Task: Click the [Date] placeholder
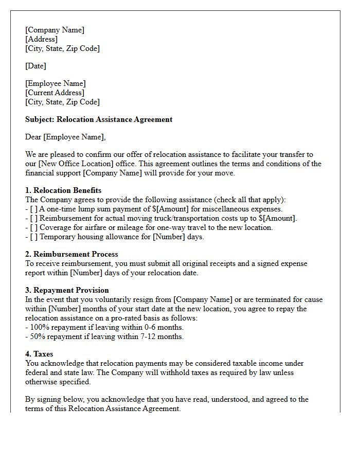(35, 66)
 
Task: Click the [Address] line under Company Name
(41, 39)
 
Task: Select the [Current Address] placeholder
(55, 93)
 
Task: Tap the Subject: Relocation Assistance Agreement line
(99, 119)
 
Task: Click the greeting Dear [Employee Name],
(65, 137)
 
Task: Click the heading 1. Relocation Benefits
(63, 190)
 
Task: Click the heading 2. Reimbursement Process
(71, 254)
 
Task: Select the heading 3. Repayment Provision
(67, 290)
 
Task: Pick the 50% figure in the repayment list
(38, 336)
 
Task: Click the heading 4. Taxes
(39, 354)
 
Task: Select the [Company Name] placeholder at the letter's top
(55, 30)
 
